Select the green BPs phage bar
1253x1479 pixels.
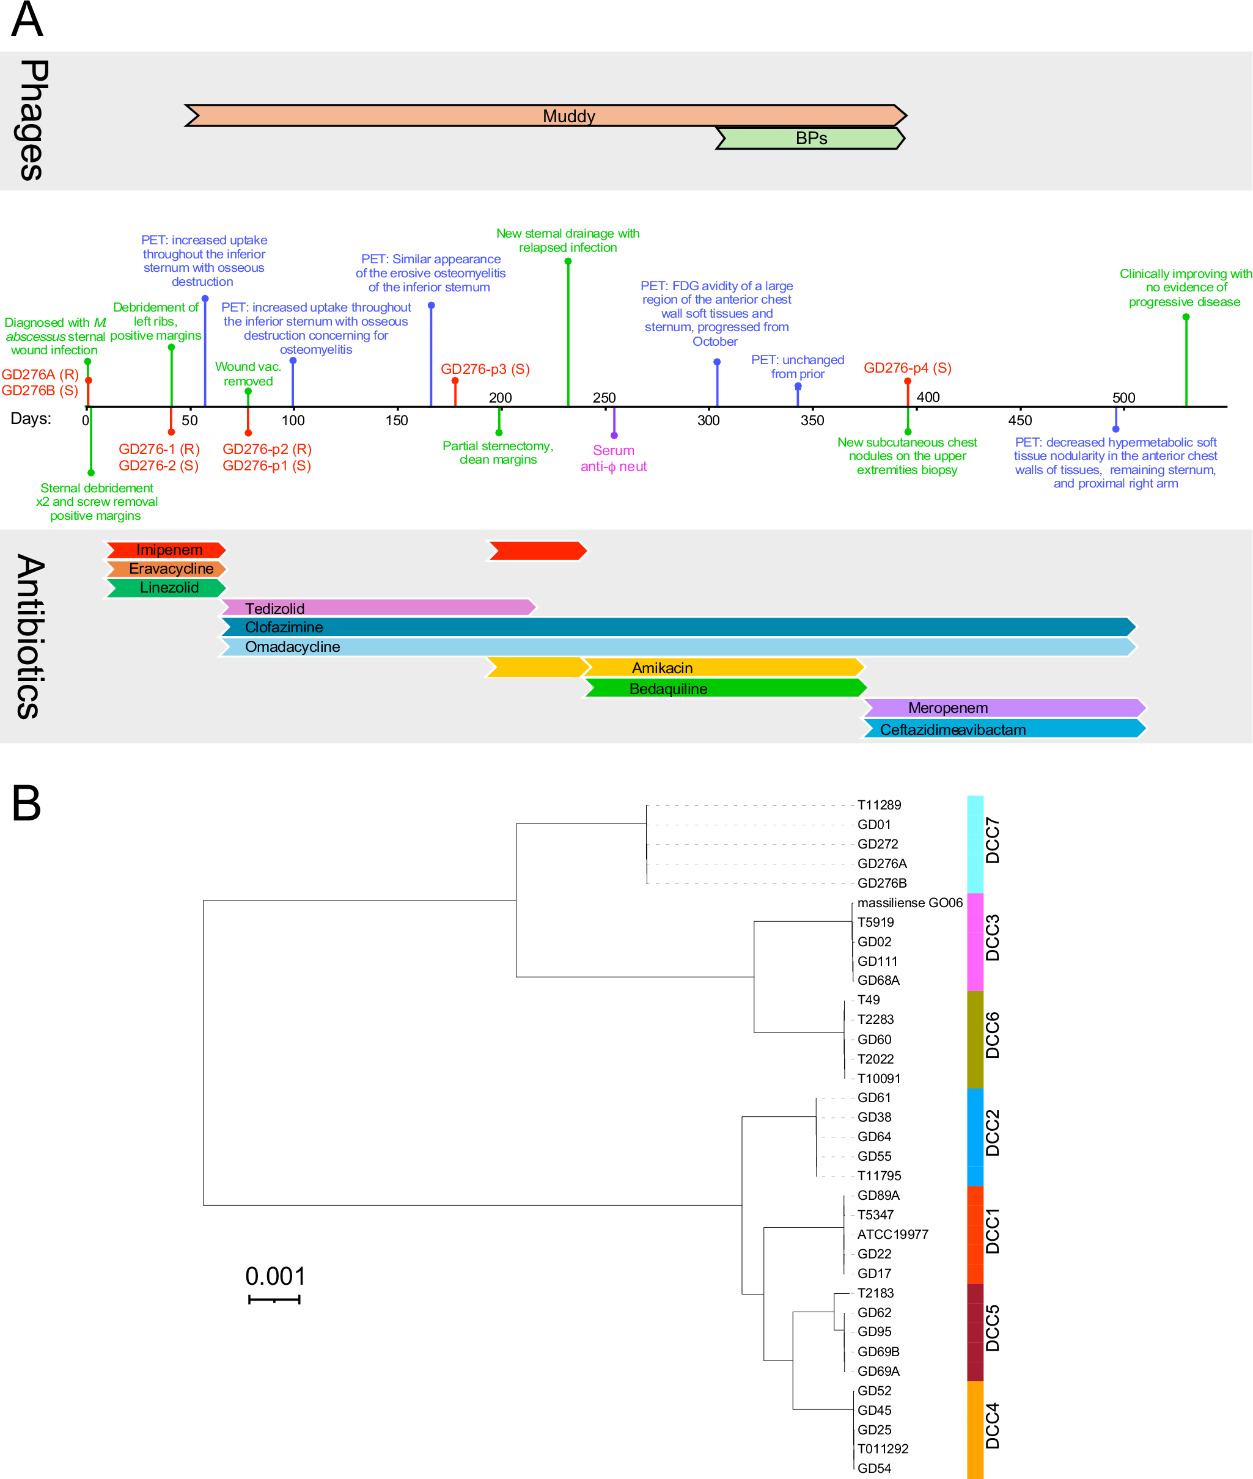click(x=810, y=139)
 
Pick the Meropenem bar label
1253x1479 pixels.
click(x=947, y=708)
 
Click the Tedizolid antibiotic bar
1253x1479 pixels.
click(x=377, y=608)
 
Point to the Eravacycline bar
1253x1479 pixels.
click(x=167, y=569)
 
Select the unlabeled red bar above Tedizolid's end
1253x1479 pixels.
click(x=537, y=550)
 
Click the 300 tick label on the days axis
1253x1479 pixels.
click(x=708, y=420)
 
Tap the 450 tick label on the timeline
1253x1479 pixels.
click(x=1020, y=420)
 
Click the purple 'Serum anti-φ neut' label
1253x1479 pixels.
click(x=613, y=458)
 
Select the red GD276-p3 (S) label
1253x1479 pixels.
click(x=485, y=368)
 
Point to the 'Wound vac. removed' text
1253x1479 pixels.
click(x=248, y=373)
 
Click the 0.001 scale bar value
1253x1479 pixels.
click(x=275, y=1276)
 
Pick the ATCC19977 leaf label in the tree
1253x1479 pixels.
click(x=892, y=1234)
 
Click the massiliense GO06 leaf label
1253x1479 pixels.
click(x=909, y=902)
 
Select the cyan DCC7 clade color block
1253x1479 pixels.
click(x=974, y=844)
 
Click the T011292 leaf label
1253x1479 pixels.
click(x=882, y=1448)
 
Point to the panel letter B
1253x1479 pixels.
click(x=26, y=803)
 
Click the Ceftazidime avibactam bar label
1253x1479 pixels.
click(x=952, y=729)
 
